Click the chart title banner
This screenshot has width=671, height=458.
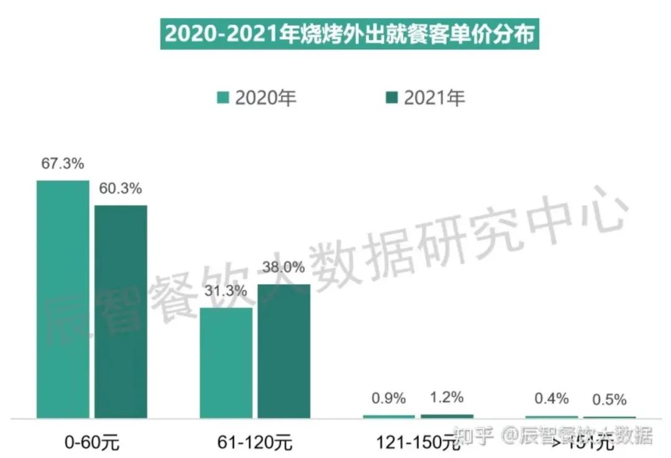coord(350,35)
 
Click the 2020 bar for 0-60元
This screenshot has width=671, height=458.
coord(63,298)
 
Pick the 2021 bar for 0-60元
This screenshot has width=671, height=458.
coord(121,311)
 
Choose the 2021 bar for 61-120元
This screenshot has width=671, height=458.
coord(284,350)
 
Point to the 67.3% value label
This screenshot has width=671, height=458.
coord(63,165)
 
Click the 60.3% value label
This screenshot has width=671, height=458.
coord(121,188)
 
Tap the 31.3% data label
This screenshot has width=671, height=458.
coord(226,291)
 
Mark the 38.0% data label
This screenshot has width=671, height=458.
coord(284,267)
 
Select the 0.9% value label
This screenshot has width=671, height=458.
coord(388,398)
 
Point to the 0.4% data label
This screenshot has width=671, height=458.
coord(552,398)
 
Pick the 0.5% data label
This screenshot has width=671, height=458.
coord(609,400)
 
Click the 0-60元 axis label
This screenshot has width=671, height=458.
coord(92,443)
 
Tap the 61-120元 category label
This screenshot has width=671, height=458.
coord(255,443)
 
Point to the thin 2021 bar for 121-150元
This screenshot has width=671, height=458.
coord(447,416)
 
